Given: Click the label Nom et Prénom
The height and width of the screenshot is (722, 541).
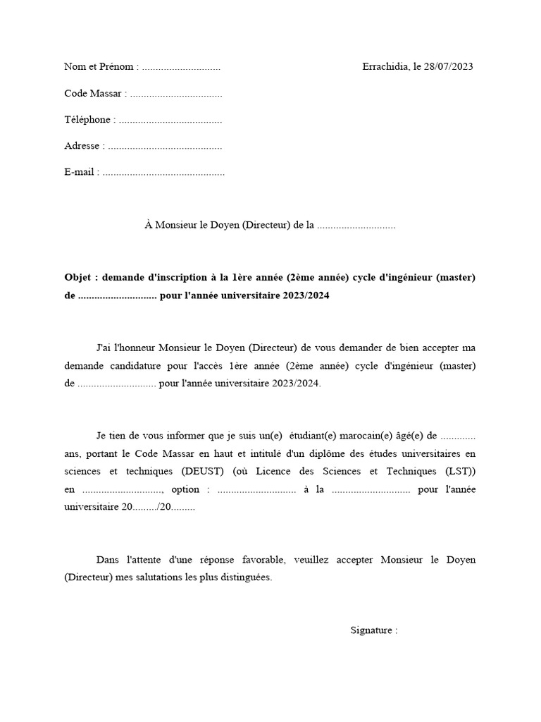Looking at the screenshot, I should click(99, 67).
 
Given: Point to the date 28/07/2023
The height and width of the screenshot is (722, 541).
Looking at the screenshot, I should click(449, 67).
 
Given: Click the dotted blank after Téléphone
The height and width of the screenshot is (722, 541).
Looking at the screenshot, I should click(170, 120).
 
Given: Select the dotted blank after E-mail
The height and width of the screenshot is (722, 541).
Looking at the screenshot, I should click(163, 172).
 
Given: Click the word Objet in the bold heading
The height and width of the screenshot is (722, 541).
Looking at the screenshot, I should click(78, 278).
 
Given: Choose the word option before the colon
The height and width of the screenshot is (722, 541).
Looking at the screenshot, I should click(185, 489).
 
